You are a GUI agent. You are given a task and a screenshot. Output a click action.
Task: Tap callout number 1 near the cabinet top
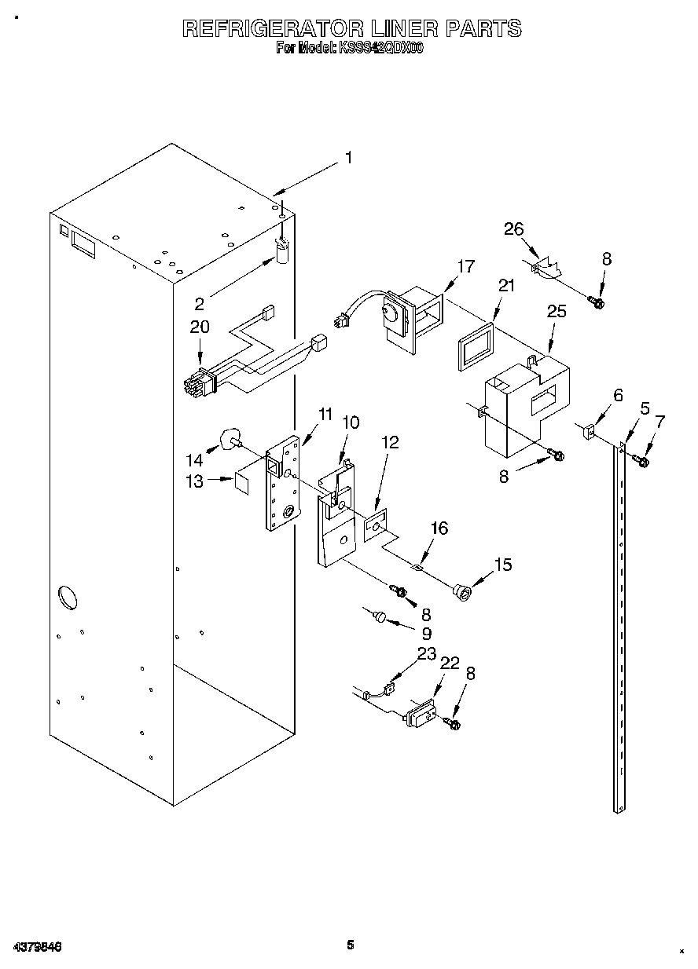[347, 158]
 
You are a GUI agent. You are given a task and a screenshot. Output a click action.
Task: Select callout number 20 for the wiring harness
[200, 327]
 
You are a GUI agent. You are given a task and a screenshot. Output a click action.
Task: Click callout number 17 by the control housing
[465, 266]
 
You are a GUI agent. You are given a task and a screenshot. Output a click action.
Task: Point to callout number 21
[506, 286]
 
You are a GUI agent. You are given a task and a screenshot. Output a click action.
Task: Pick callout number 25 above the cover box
[557, 311]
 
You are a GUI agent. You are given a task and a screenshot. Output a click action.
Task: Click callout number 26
[513, 229]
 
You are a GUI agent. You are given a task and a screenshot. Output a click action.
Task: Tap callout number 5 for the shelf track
[645, 408]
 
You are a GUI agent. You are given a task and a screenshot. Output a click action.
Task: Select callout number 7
[659, 424]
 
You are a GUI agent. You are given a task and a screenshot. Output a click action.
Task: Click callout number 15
[502, 564]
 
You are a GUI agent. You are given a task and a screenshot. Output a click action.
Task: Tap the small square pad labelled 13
[244, 481]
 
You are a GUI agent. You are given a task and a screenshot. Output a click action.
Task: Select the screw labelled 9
[380, 618]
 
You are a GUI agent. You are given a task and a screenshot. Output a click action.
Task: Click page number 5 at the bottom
[351, 945]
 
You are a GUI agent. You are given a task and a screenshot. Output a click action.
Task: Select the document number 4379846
[37, 946]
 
